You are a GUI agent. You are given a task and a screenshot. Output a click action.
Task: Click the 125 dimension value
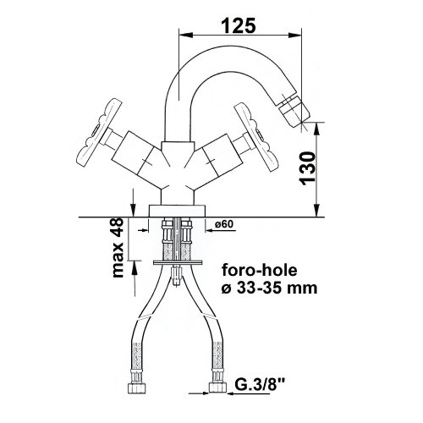(x=239, y=25)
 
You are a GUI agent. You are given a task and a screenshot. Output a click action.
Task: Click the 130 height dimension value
(x=308, y=168)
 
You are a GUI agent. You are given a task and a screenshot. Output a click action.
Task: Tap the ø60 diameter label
(x=223, y=224)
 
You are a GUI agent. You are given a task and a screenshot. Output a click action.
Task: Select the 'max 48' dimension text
(x=118, y=248)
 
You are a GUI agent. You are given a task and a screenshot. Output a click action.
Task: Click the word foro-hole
(x=260, y=270)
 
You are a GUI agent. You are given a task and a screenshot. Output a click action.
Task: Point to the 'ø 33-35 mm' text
(x=269, y=288)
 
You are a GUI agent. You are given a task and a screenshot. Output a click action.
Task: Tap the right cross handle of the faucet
(x=255, y=137)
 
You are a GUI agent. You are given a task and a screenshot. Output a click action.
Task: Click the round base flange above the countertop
(x=178, y=211)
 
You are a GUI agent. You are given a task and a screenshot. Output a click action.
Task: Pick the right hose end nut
(x=218, y=387)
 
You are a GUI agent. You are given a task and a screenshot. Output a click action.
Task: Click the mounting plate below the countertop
(x=178, y=262)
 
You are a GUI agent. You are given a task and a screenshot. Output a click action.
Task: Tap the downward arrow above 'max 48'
(x=132, y=202)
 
